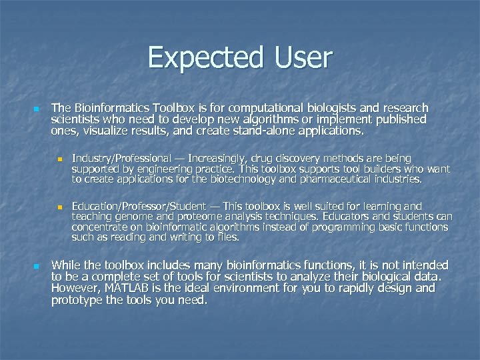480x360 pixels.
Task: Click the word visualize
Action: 107,131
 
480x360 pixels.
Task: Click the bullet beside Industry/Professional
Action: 59,159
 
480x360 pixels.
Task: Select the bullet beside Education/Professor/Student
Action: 59,207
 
